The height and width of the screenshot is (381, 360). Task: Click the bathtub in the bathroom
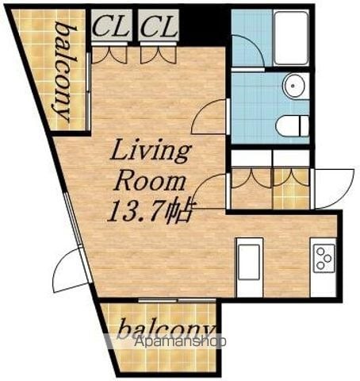pos(291,38)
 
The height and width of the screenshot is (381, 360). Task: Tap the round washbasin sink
pos(293,85)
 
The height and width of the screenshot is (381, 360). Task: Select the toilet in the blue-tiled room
pos(292,125)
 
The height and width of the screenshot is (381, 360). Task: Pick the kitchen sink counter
pos(250,267)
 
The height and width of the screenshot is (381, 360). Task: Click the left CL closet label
pos(111,26)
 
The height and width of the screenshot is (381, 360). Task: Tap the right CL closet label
pos(159,26)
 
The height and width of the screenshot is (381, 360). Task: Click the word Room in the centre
pos(150,182)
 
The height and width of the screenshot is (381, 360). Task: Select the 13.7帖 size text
pos(148,212)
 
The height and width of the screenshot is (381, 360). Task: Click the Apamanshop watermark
pos(180,341)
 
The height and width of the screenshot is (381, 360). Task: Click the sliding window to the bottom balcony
pos(177,300)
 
